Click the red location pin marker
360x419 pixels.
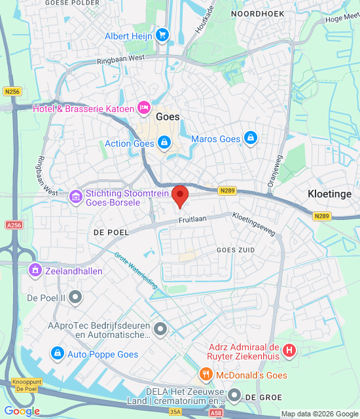point(180,196)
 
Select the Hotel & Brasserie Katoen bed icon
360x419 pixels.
point(144,108)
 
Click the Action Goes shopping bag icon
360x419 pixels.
point(164,141)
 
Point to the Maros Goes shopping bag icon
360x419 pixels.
point(249,138)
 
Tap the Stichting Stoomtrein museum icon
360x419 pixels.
point(75,196)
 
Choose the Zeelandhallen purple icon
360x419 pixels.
point(34,269)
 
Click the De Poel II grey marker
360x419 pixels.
point(75,297)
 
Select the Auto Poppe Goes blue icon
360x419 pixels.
point(57,354)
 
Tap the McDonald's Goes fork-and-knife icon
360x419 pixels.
point(206,374)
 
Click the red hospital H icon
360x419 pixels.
point(289,352)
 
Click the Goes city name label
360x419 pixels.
point(168,116)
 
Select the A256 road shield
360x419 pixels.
point(14,225)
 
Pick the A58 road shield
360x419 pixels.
point(216,413)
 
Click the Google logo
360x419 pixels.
point(22,411)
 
